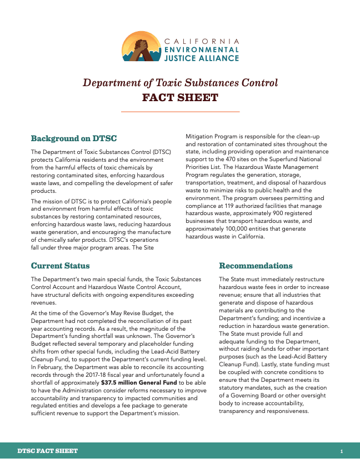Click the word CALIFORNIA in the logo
coord(202,42)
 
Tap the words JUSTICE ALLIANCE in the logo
coord(201,57)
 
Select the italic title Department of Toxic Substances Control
coord(180,83)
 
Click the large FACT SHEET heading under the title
coord(180,98)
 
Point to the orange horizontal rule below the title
coord(180,112)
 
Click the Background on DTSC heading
coord(73,138)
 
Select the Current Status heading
coord(60,266)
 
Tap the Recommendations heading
coord(256,266)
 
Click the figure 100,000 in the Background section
coord(234,228)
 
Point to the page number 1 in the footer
coord(342,451)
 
